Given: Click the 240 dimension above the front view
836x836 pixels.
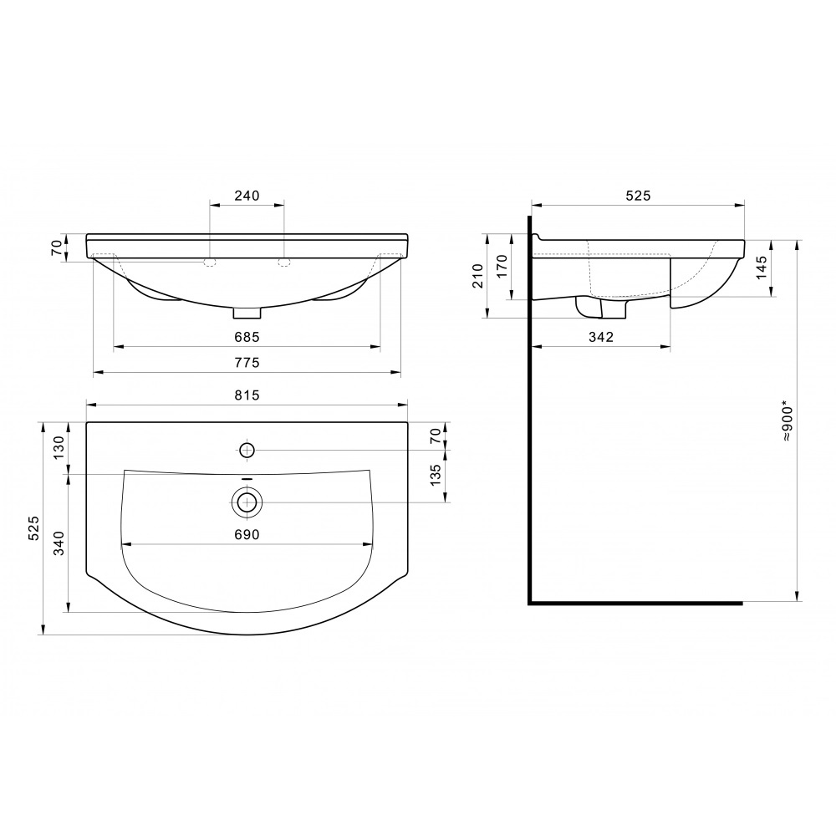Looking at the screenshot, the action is tap(247, 196).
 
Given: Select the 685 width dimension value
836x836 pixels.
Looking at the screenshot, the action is tap(247, 337).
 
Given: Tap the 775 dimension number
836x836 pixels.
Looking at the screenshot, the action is tap(247, 363).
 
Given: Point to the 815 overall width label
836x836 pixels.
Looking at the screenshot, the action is tap(247, 395).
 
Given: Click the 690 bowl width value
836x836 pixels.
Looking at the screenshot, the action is tap(247, 535).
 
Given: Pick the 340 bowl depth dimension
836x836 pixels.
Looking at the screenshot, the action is tap(59, 543).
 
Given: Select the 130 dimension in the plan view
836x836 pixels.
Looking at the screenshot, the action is tap(59, 447).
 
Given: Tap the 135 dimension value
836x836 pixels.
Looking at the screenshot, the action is tap(436, 475).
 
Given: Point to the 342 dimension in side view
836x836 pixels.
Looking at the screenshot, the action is tap(601, 337).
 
